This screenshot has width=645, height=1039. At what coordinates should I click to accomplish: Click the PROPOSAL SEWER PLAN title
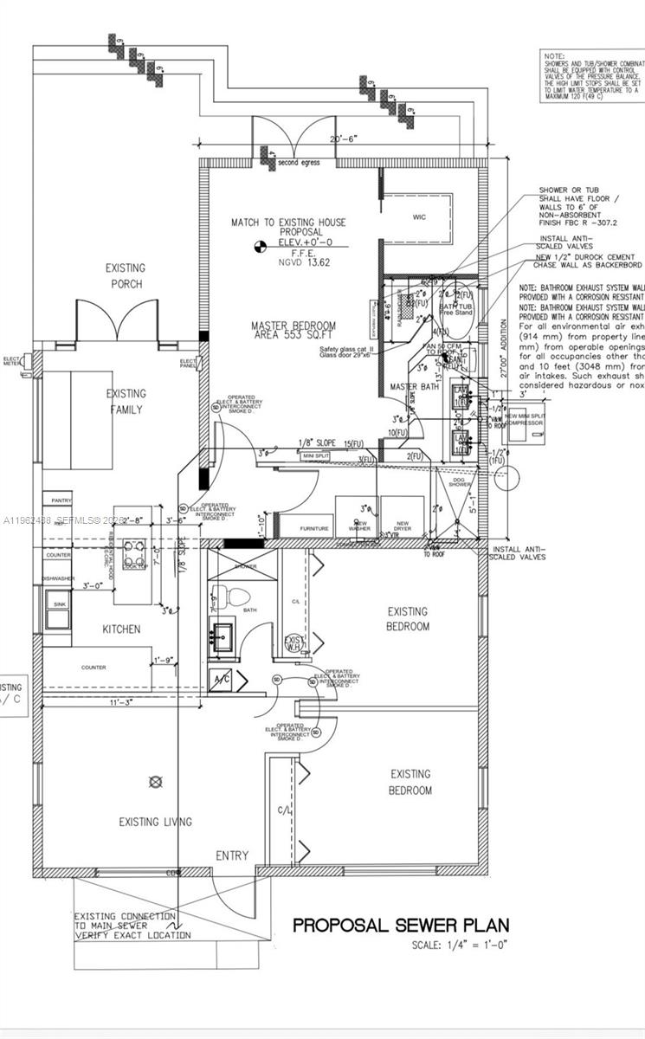(400, 925)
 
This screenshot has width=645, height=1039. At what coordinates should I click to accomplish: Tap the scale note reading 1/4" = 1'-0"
(458, 944)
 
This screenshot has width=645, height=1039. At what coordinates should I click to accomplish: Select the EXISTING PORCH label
(126, 276)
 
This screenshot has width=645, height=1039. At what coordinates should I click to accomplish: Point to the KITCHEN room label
(122, 629)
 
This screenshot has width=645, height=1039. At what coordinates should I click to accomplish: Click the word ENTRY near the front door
(232, 855)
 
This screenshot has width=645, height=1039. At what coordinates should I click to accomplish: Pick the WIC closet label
(419, 217)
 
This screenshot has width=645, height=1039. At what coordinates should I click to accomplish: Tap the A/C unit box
(221, 680)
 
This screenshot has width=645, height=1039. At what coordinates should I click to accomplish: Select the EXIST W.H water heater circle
(293, 642)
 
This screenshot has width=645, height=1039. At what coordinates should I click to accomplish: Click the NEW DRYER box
(402, 525)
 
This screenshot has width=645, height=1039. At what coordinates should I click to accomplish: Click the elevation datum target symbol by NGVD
(257, 248)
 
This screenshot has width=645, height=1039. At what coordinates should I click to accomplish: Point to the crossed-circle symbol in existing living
(156, 782)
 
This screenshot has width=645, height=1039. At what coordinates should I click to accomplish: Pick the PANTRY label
(61, 500)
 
